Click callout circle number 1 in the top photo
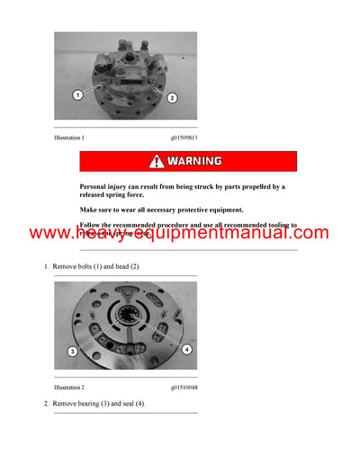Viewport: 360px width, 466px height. (x=77, y=94)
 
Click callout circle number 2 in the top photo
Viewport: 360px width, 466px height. (x=172, y=97)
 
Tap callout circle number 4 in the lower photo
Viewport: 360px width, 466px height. (x=187, y=348)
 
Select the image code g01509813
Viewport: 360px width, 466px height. (x=184, y=138)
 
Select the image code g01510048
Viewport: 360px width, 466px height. (x=184, y=386)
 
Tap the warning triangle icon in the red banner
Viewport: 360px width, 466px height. (x=157, y=162)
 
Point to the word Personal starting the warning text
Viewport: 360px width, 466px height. (x=96, y=186)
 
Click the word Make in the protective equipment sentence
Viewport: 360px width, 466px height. (x=90, y=210)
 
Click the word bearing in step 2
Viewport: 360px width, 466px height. (x=98, y=404)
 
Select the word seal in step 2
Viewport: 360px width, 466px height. (x=135, y=404)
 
